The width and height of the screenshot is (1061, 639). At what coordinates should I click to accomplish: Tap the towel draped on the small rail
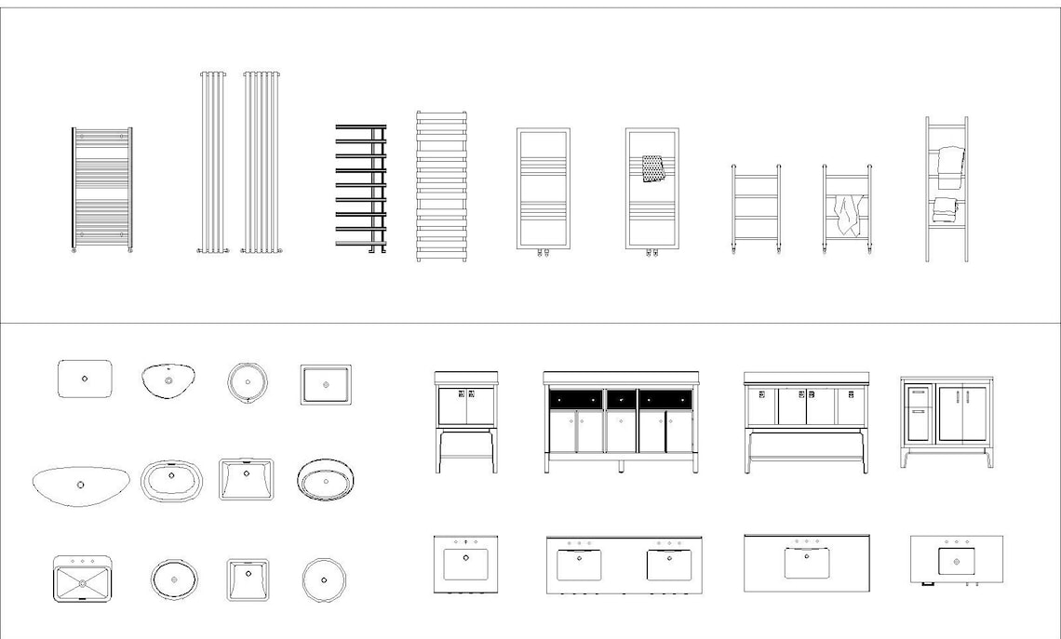tap(847, 214)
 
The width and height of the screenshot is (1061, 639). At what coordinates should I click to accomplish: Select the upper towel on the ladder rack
tap(949, 166)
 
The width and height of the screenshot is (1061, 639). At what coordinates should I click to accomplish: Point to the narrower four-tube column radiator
tap(211, 162)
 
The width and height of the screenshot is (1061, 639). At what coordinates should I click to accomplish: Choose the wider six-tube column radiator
tap(261, 162)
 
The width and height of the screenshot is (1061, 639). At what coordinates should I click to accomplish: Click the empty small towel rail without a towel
tap(756, 208)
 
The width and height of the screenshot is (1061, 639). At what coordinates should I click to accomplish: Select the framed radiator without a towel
tap(544, 189)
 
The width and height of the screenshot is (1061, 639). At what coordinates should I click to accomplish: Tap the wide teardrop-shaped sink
tap(80, 485)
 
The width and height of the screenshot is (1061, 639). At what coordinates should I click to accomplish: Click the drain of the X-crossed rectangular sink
tap(83, 583)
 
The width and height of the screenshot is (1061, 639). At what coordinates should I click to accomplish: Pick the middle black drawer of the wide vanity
tap(620, 399)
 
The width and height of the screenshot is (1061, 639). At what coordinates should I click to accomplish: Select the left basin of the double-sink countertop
tap(579, 564)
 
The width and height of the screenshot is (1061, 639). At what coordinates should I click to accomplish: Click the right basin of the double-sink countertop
tap(669, 564)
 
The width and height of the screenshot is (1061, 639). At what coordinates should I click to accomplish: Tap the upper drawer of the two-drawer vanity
tap(918, 393)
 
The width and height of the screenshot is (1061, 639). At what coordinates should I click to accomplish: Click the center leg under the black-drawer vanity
tap(621, 464)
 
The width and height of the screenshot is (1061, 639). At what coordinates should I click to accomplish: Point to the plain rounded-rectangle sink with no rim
tap(85, 379)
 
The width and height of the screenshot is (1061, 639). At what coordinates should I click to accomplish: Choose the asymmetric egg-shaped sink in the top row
tap(168, 379)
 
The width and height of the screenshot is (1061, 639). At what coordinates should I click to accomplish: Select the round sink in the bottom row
tap(325, 579)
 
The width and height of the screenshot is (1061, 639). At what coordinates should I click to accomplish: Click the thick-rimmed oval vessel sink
tap(325, 480)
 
